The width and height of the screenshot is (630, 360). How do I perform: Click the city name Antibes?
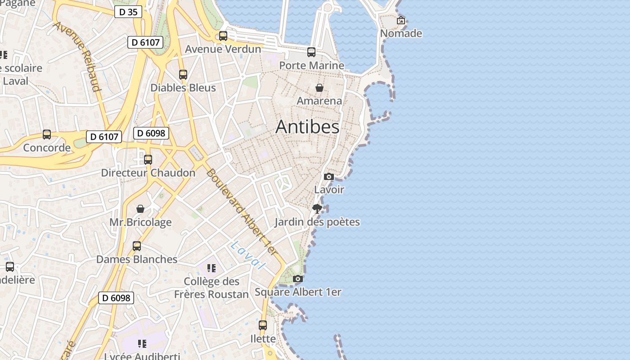pos(307,127)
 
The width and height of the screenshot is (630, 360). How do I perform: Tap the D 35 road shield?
pos(128,12)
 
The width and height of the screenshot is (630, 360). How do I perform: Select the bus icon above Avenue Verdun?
pos(223,36)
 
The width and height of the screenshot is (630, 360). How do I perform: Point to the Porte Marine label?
pos(311,65)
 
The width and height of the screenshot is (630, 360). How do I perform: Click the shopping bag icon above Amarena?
pos(319,87)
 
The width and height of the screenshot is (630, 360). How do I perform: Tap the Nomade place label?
pos(401,33)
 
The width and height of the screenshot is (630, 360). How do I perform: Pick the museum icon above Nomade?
pos(401,20)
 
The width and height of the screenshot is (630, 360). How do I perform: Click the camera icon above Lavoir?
pos(329,176)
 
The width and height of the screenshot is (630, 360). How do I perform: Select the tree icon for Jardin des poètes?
pos(317,208)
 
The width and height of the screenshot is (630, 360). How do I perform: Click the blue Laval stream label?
pos(247,255)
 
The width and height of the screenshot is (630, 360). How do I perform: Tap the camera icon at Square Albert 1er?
pos(298,279)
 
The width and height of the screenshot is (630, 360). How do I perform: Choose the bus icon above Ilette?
pos(263,325)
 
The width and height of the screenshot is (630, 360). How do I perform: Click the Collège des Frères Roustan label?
pos(211,288)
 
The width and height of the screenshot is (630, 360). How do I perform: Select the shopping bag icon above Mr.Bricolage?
pos(140,209)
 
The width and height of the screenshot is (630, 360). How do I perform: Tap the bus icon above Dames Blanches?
pos(137,246)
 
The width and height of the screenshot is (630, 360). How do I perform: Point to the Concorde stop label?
pos(47,148)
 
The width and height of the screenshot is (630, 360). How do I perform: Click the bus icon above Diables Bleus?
pos(183,75)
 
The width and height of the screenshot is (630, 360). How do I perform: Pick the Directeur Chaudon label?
pos(148,173)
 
